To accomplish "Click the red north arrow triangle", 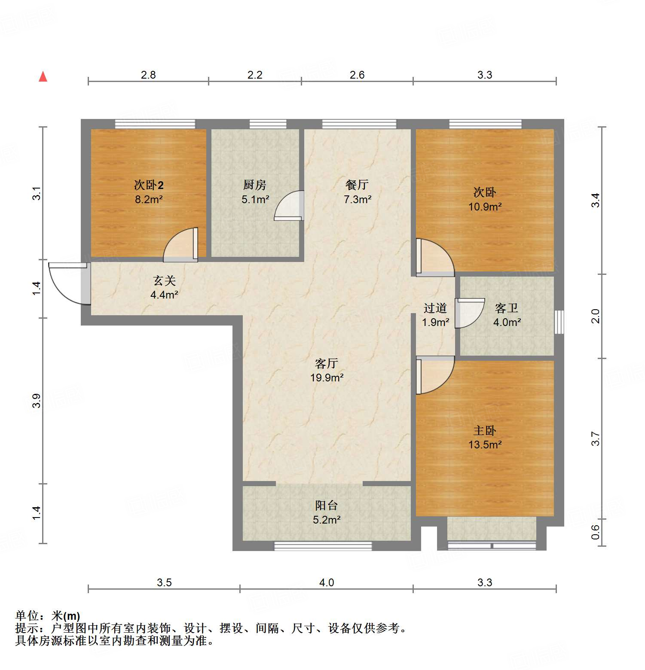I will click(43, 77).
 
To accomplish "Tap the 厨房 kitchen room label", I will click(255, 185).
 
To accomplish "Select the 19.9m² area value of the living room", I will click(327, 378).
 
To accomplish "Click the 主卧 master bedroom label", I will click(485, 430).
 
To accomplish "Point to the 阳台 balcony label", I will click(327, 506).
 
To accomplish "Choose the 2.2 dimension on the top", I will click(255, 75).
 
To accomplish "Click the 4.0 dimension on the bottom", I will click(327, 582).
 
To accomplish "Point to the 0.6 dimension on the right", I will click(595, 533).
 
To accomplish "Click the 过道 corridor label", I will click(435, 308).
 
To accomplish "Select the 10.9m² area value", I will click(485, 207).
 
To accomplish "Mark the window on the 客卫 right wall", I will click(559, 322).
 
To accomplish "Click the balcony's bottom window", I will click(323, 546).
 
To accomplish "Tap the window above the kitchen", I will click(268, 124).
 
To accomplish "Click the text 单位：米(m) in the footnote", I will click(48, 616).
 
